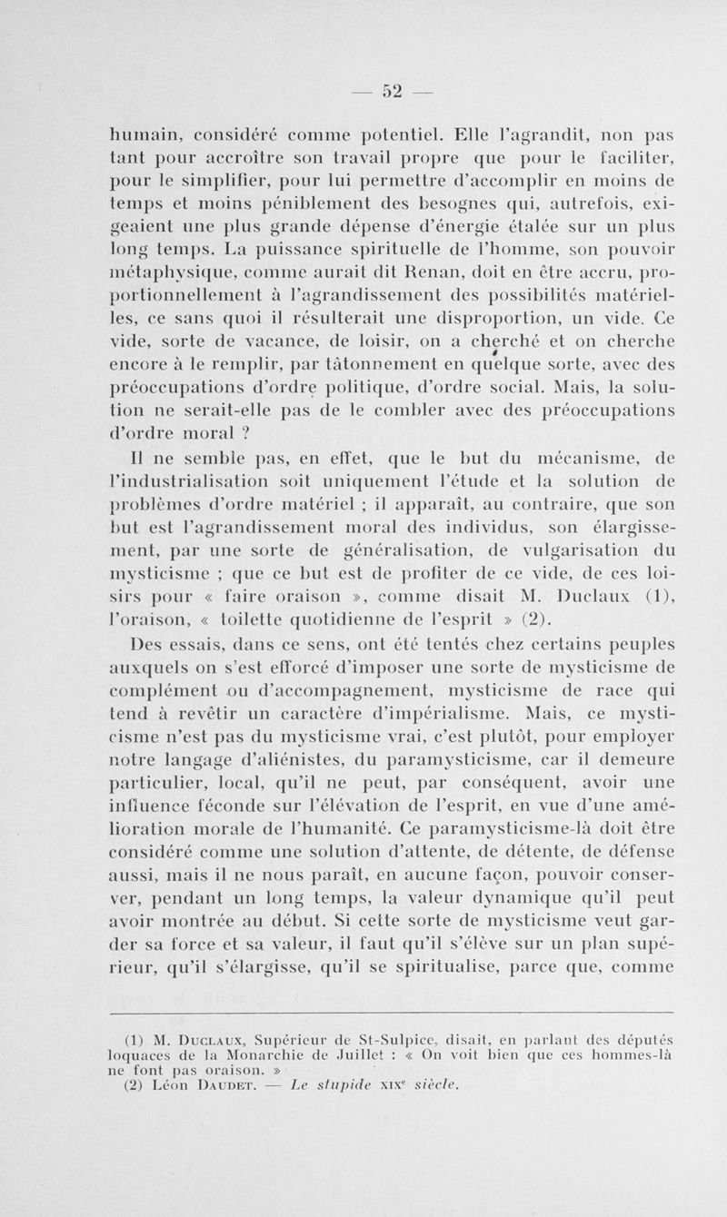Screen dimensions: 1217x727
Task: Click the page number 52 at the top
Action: (x=391, y=90)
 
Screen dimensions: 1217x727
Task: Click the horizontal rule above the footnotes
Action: (x=391, y=1012)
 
